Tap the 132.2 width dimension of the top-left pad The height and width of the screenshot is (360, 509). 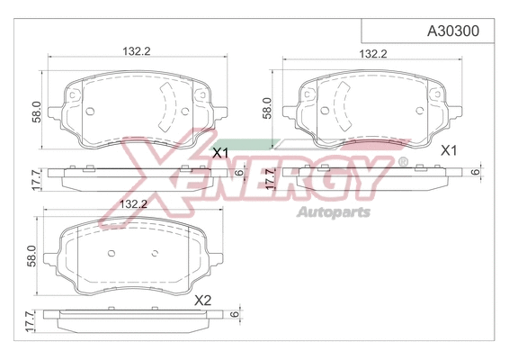pyautogui.click(x=137, y=52)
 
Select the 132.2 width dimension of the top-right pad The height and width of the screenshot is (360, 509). pyautogui.click(x=372, y=54)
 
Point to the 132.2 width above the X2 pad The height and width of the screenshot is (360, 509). pyautogui.click(x=132, y=204)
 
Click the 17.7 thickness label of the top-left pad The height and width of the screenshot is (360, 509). pyautogui.click(x=35, y=180)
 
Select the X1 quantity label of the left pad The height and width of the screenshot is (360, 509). pyautogui.click(x=220, y=154)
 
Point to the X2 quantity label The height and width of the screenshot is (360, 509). pyautogui.click(x=202, y=299)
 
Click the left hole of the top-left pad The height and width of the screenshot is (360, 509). pyautogui.click(x=92, y=112)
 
